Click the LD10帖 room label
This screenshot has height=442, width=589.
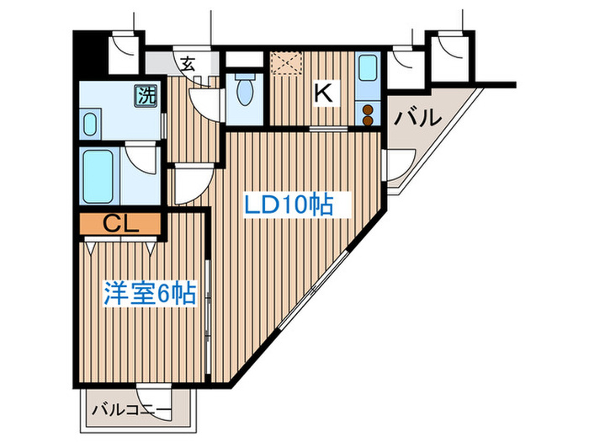[289, 205]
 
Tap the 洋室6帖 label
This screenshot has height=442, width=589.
[150, 294]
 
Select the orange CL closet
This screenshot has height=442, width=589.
[121, 224]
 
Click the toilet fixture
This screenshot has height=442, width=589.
[246, 89]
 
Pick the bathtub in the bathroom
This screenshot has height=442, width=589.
[99, 175]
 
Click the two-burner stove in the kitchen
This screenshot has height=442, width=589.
[367, 114]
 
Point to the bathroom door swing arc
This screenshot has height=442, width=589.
[140, 162]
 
